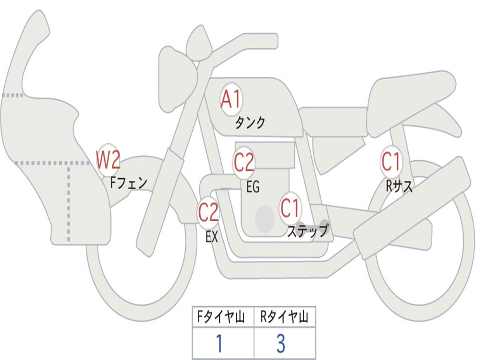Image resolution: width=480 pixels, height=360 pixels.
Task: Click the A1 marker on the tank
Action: (231, 99)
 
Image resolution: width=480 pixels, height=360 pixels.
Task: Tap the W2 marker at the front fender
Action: (108, 159)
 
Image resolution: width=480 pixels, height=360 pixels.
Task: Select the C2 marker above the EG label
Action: (244, 162)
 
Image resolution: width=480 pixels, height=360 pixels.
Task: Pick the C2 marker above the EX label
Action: (208, 212)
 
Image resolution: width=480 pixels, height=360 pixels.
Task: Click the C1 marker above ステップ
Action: (290, 208)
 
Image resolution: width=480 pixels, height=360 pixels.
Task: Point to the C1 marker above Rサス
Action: (391, 161)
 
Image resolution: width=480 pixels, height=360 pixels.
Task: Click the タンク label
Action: (250, 122)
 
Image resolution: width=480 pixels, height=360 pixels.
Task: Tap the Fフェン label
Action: (128, 183)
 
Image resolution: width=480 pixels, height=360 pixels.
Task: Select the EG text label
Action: (253, 187)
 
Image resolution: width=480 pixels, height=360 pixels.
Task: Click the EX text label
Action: (212, 237)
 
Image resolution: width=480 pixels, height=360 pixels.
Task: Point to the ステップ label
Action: (307, 230)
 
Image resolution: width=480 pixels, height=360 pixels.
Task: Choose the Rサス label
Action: (399, 186)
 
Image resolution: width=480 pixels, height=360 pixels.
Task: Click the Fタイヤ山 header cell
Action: (223, 317)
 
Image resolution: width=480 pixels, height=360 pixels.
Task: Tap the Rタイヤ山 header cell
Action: (285, 317)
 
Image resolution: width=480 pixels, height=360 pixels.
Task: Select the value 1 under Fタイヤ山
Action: (219, 343)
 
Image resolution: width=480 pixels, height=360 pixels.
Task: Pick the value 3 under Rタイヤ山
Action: (281, 343)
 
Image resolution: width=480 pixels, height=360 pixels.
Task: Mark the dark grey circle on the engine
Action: (265, 218)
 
